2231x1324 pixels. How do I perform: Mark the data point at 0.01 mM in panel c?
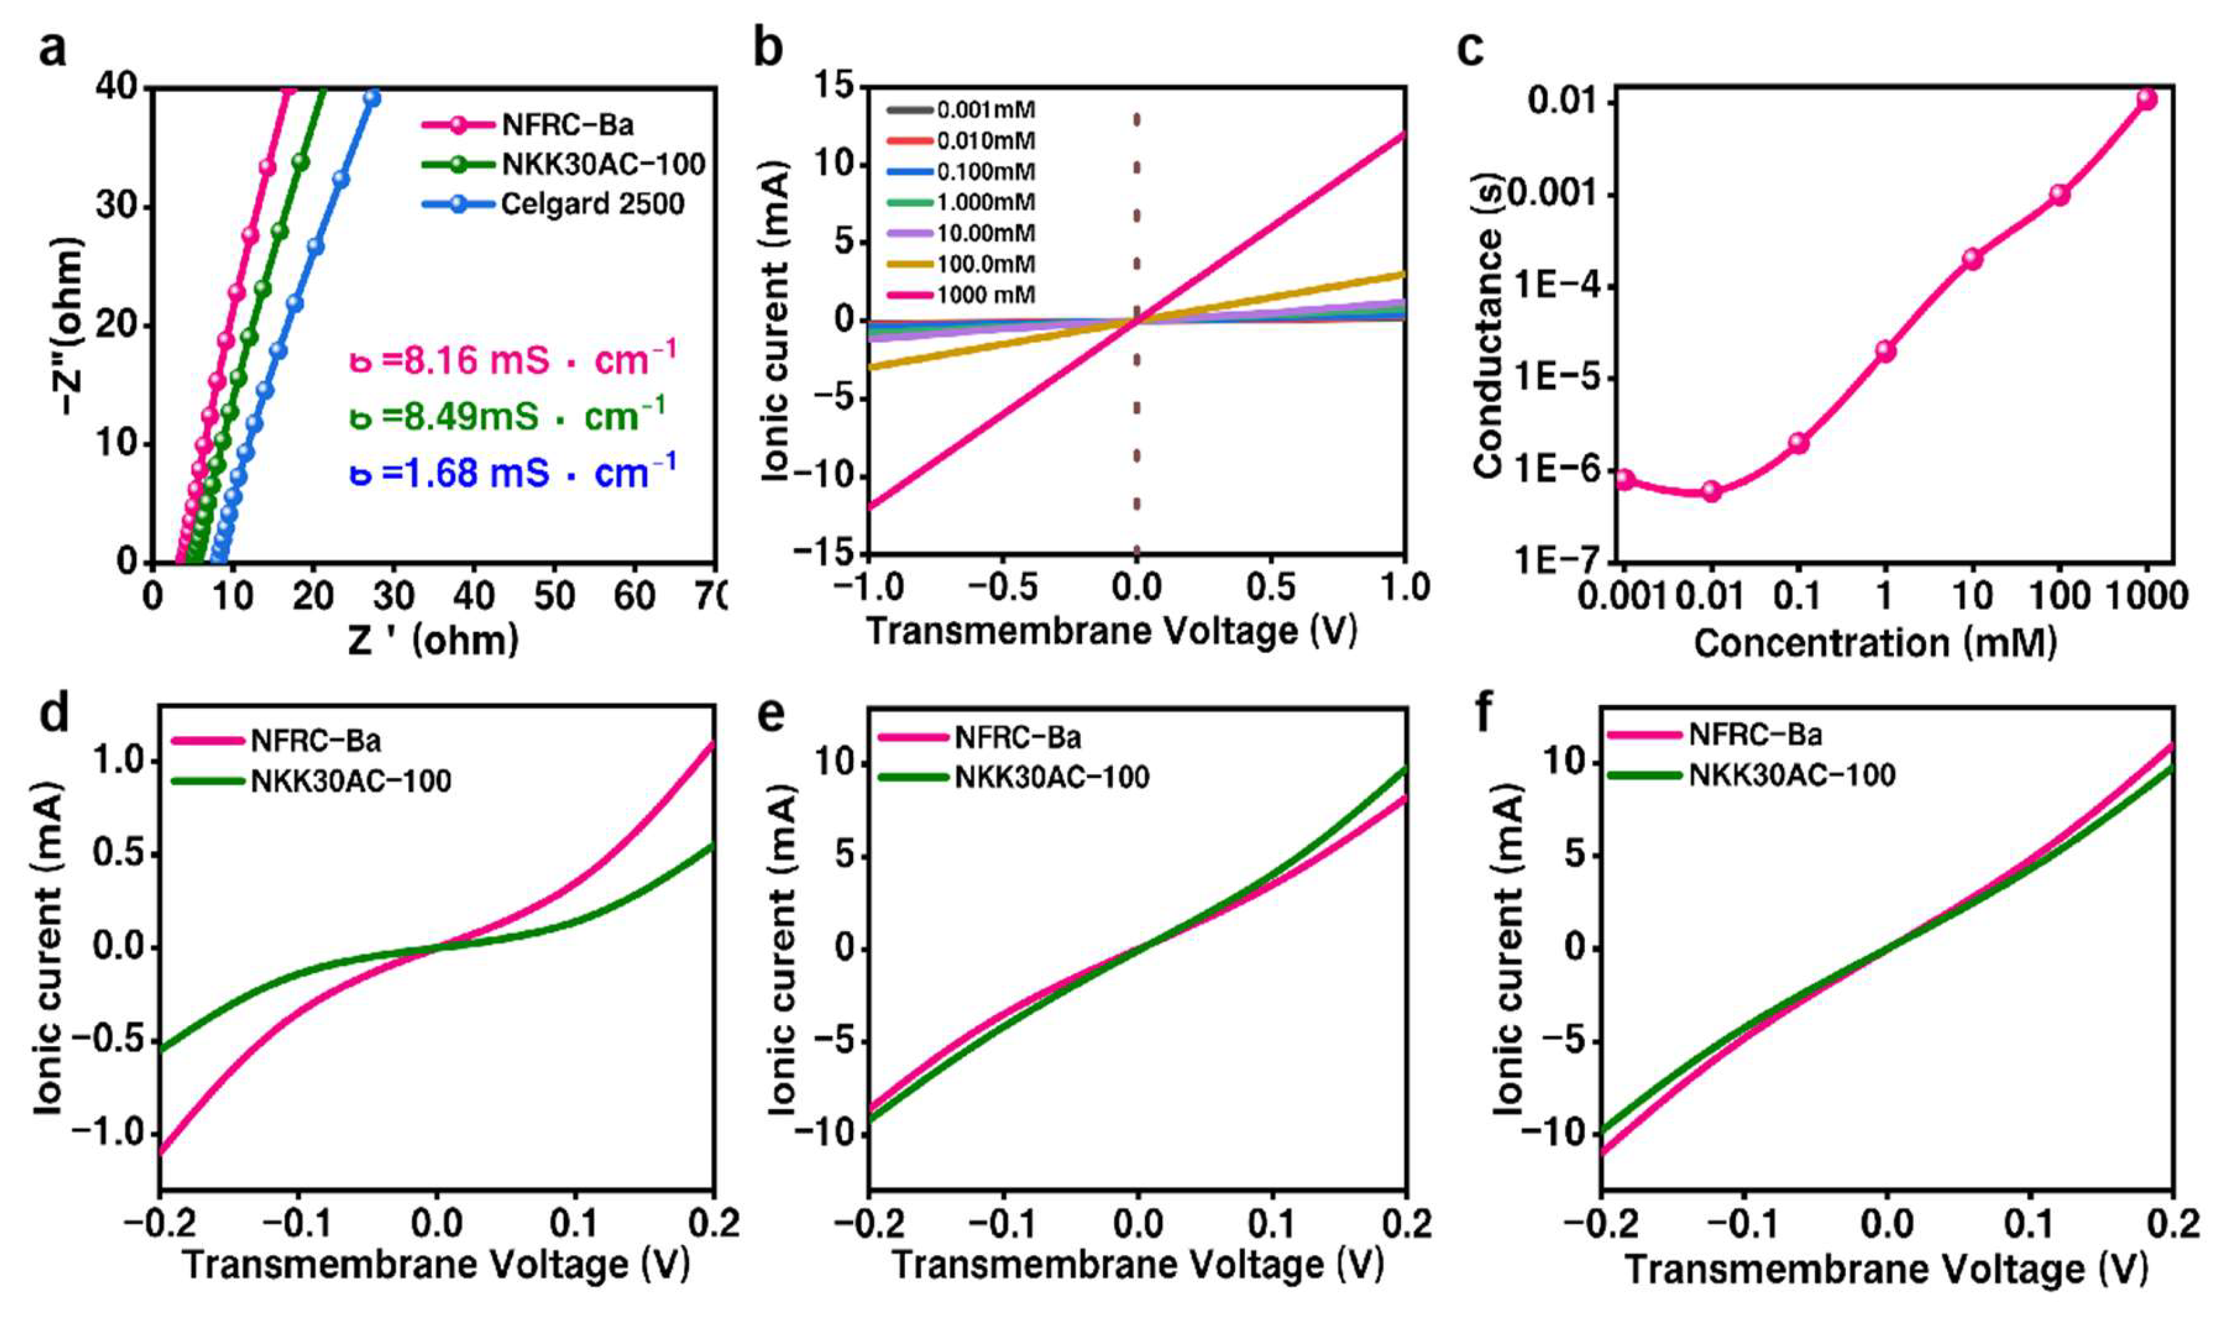click(1711, 491)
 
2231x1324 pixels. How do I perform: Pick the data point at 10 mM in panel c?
click(1972, 259)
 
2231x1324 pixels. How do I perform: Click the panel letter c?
click(1470, 49)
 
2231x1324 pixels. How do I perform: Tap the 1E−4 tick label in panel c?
click(1555, 287)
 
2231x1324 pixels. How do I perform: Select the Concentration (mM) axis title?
click(1874, 643)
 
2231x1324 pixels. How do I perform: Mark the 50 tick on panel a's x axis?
click(553, 596)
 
